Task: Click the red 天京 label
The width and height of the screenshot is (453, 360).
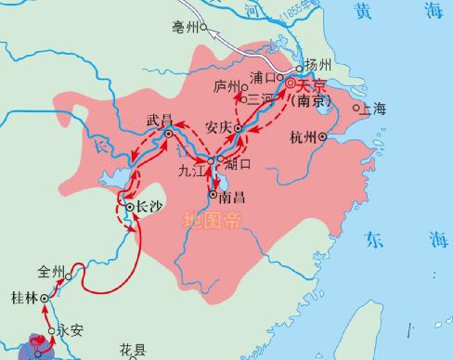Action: click(x=306, y=85)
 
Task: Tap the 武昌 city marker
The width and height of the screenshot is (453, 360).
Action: click(x=168, y=135)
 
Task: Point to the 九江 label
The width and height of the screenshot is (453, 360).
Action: click(x=192, y=169)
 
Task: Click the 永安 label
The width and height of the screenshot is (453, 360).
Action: click(x=70, y=328)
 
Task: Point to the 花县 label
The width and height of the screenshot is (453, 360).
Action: click(x=133, y=350)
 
